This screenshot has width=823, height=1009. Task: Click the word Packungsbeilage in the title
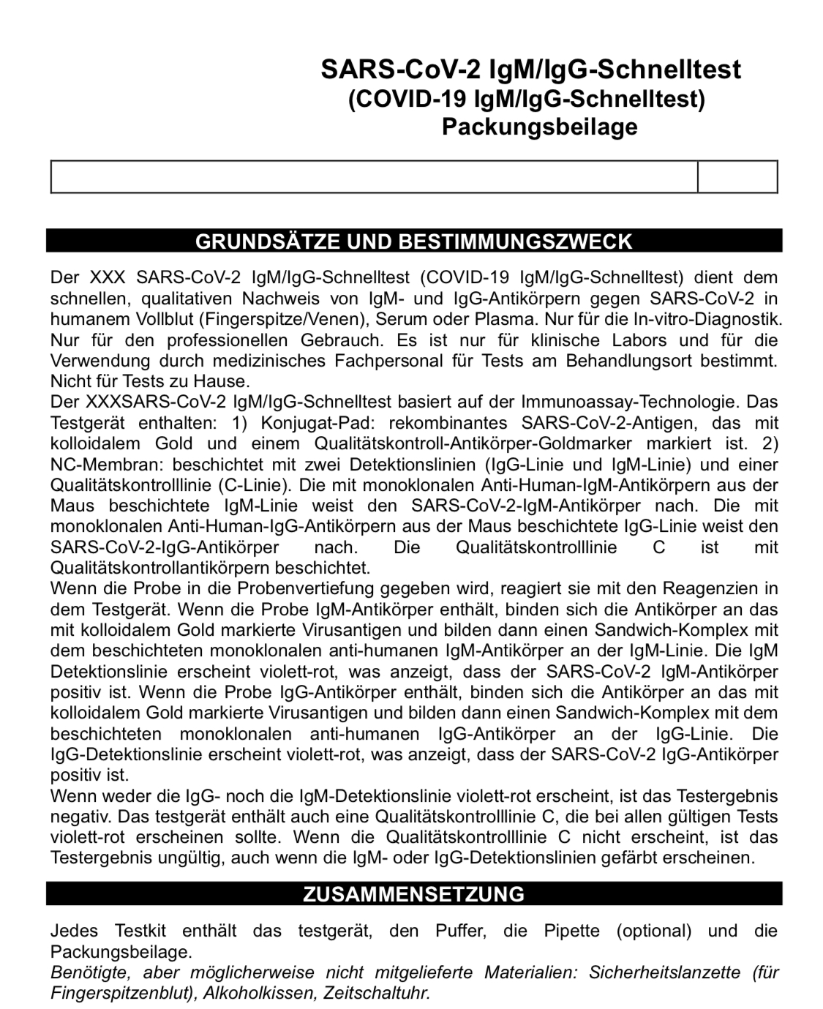click(539, 127)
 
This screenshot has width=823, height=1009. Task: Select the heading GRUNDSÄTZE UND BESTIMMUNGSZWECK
click(413, 241)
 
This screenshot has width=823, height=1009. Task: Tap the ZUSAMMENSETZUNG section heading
click(413, 894)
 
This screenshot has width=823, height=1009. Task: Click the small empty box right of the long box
click(737, 177)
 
